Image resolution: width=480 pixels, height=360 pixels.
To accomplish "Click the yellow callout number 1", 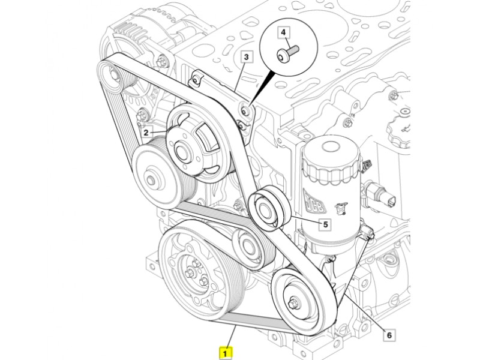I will click(226, 353).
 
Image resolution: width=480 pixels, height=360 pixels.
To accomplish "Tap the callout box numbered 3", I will click(247, 57).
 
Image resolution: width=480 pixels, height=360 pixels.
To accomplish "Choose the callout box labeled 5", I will click(325, 225).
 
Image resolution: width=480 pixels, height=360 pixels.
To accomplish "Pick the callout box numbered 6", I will click(388, 335).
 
